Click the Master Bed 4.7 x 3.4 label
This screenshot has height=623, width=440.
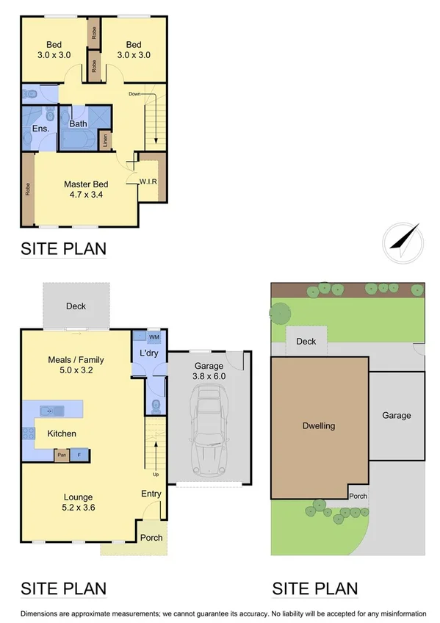click(x=86, y=190)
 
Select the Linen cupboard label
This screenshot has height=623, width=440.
click(x=106, y=140)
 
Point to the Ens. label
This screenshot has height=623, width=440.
click(x=40, y=129)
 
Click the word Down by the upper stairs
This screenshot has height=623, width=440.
click(x=135, y=94)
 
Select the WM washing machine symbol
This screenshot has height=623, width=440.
click(x=154, y=337)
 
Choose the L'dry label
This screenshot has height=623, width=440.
click(x=149, y=353)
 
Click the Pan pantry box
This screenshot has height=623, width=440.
click(x=62, y=455)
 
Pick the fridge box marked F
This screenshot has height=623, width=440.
click(x=79, y=455)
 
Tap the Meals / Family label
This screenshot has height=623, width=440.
click(x=76, y=364)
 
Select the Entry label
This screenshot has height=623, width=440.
click(x=151, y=494)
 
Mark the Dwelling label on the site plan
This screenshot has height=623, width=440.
click(x=319, y=425)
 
